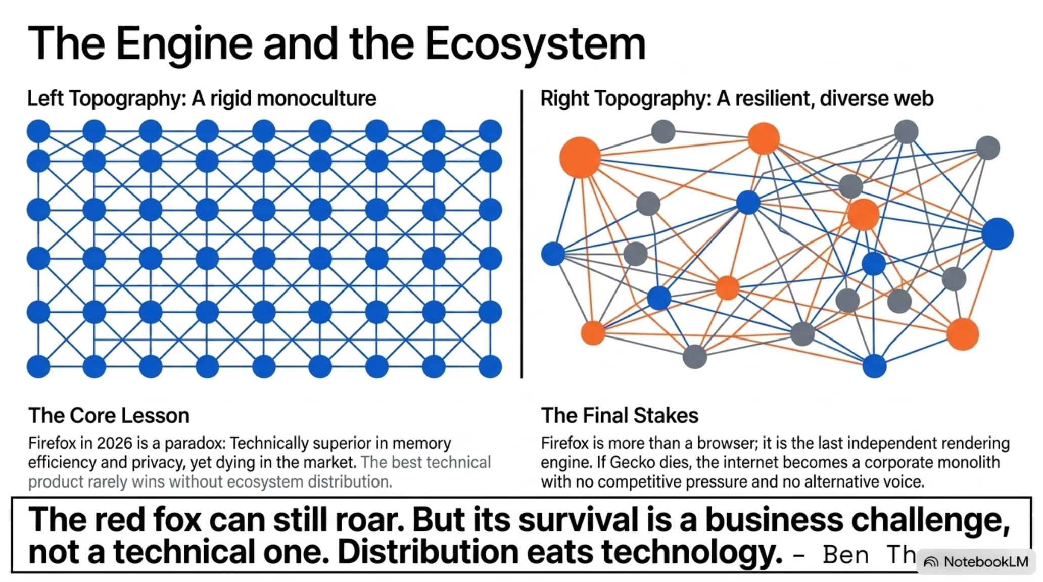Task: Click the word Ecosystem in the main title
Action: tap(535, 44)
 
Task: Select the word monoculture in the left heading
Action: tap(316, 98)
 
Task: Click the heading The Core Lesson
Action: tap(109, 415)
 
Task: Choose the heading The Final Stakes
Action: tap(620, 415)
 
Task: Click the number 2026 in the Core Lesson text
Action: tap(115, 443)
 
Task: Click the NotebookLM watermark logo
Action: tap(931, 562)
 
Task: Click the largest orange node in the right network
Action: tap(580, 157)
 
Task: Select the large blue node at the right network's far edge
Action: tap(998, 234)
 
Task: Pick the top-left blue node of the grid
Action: tap(38, 131)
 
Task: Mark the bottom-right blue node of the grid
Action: tap(490, 366)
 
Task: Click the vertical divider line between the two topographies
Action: tap(521, 234)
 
